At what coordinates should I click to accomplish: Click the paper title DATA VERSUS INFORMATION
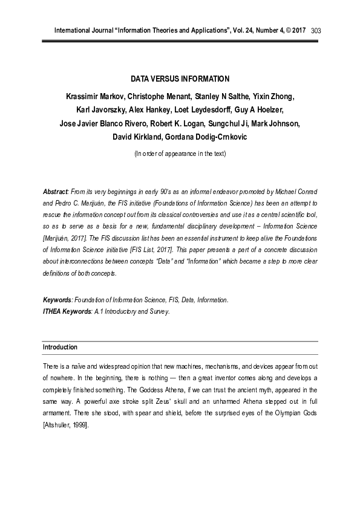[180, 79]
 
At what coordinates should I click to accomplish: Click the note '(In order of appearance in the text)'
[180, 154]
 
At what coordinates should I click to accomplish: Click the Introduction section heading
[60, 348]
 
